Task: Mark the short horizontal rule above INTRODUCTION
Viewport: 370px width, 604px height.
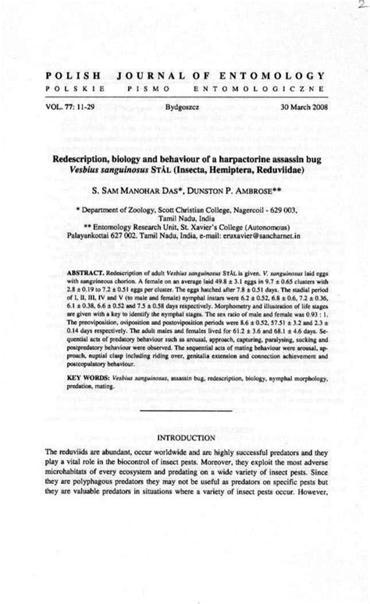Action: pyautogui.click(x=185, y=410)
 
